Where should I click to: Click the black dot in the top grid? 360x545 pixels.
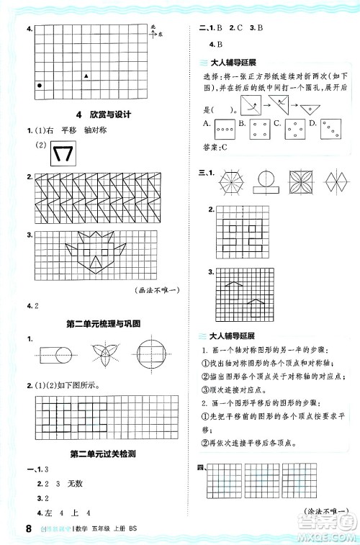[39, 85]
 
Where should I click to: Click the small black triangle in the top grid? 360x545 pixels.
[86, 75]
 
